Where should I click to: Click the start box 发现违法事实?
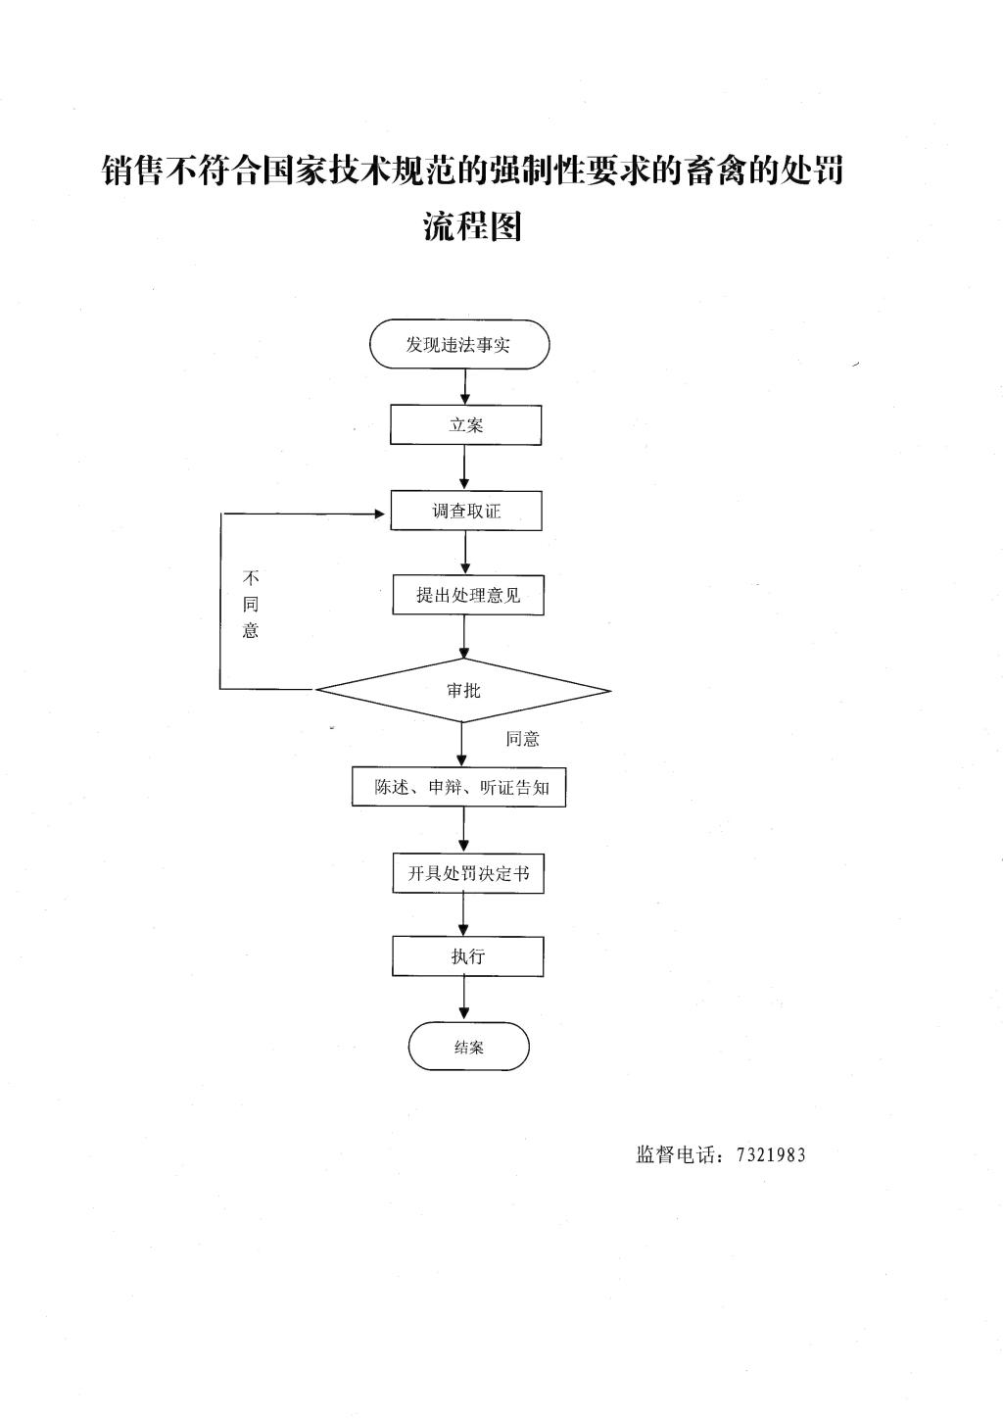tap(459, 344)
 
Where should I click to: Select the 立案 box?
tap(465, 424)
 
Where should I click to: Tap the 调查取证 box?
tap(466, 511)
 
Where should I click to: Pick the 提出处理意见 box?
tap(468, 595)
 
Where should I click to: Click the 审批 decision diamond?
tap(463, 690)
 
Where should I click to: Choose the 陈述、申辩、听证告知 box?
tap(459, 787)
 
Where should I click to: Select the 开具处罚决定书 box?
tap(468, 873)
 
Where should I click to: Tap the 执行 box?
tap(468, 955)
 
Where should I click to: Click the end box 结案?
tap(468, 1047)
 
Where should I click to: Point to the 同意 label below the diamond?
tap(522, 739)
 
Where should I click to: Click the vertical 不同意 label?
tap(251, 604)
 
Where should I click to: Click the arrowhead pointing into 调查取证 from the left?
tap(380, 514)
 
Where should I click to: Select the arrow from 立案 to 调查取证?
tap(465, 467)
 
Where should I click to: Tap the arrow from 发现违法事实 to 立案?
tap(465, 387)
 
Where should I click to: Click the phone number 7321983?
tap(771, 1155)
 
